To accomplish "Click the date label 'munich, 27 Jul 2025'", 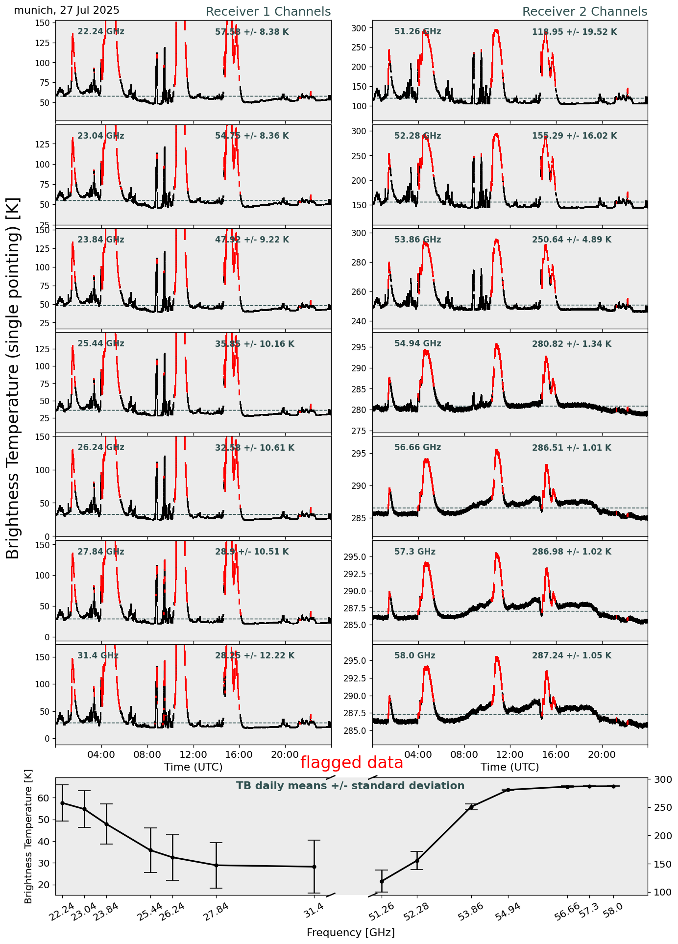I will coord(67,10).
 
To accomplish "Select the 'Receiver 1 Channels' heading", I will coord(268,12).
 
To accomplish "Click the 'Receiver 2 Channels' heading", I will coord(584,12).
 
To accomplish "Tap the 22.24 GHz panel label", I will coord(100,32).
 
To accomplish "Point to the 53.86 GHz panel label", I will coord(417,240).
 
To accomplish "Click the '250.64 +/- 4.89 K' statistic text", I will coord(571,240).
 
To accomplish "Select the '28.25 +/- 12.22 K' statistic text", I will coord(255,655).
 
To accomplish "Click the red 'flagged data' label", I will coord(351,763).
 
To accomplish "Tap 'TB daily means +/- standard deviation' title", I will coord(350,786).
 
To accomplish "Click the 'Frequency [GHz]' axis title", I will coord(350,932).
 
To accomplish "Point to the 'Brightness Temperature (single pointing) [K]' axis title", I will coord(13,378).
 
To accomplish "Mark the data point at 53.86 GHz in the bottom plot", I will coord(471,807).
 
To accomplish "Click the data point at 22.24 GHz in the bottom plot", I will coord(62,803).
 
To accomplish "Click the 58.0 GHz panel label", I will coord(414,655).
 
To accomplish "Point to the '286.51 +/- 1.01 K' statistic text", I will coord(571,448).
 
